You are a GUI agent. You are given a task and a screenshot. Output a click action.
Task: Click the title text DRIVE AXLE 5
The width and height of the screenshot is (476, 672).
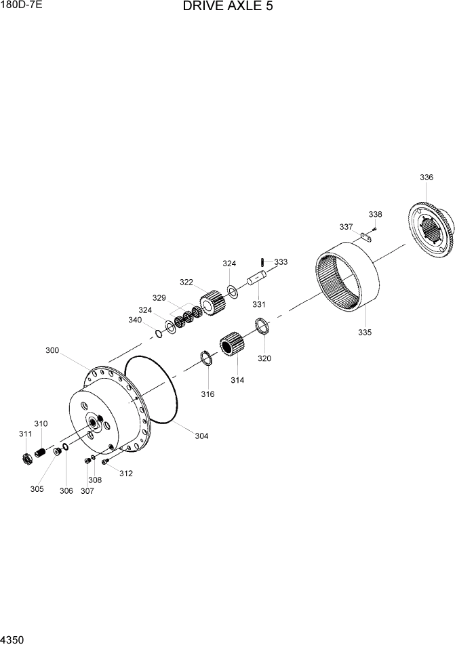click(228, 7)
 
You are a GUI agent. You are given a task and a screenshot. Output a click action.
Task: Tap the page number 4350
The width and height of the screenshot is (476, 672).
click(13, 639)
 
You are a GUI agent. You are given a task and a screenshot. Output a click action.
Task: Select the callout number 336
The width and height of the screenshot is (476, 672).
click(426, 177)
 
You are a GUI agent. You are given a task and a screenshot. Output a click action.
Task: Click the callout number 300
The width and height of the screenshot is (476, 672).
click(52, 350)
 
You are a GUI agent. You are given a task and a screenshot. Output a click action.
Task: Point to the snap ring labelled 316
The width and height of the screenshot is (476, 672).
click(206, 358)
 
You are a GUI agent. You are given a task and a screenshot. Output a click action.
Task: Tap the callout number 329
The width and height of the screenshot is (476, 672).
click(159, 297)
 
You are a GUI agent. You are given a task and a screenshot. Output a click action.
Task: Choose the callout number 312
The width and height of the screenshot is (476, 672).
click(125, 474)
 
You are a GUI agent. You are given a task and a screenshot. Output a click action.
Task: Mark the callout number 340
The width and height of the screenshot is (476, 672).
click(135, 320)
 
